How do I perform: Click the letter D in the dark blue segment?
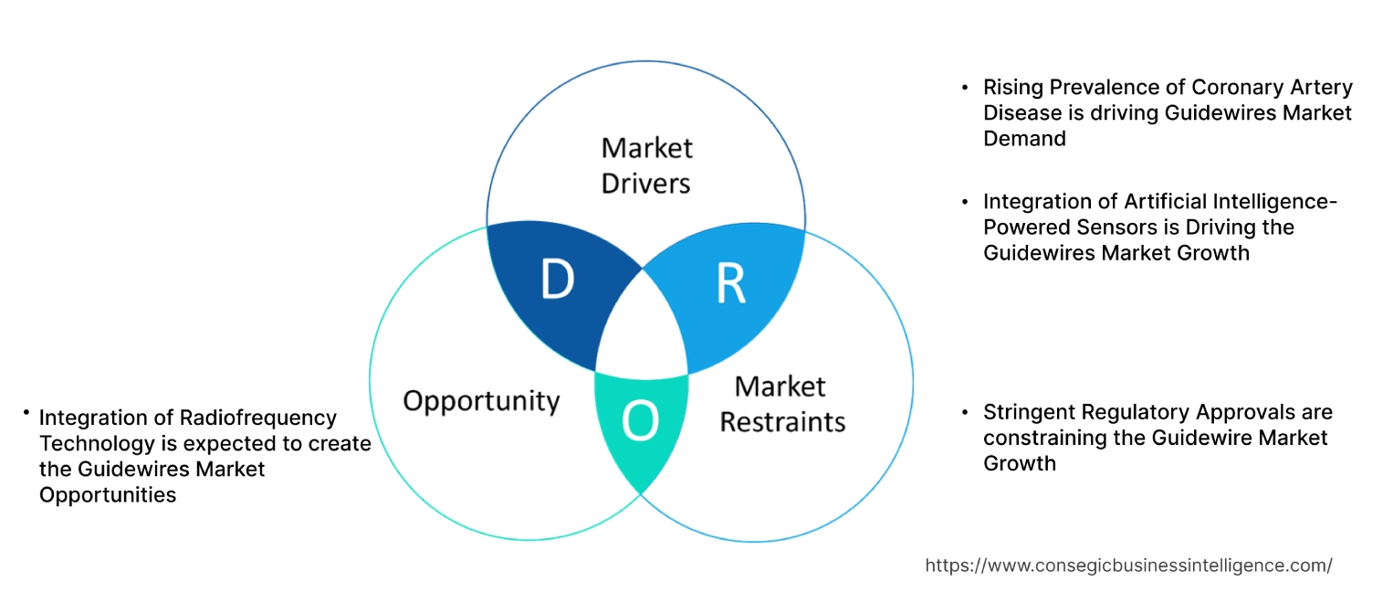557,280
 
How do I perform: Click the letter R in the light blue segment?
730,283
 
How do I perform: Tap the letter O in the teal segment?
639,420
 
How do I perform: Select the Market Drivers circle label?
646,165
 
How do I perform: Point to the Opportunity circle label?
481,400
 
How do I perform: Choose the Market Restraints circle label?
781,404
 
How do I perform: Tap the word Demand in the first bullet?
1024,139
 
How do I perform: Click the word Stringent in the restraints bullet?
1023,412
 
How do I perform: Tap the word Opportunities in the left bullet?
108,495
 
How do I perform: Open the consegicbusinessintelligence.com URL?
1128,566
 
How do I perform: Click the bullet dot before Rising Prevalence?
965,88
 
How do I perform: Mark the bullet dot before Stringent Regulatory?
965,412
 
